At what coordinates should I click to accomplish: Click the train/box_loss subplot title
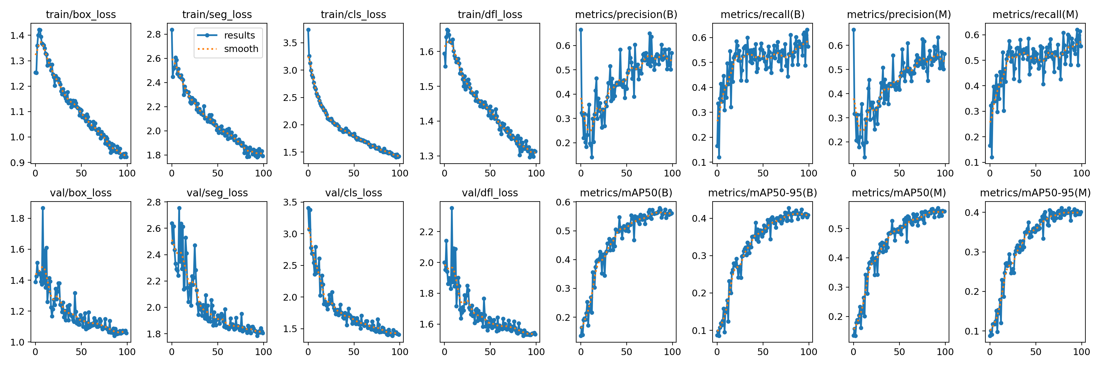[x=81, y=14]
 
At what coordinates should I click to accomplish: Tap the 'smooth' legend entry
[x=241, y=49]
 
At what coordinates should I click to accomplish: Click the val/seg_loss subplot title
[x=217, y=193]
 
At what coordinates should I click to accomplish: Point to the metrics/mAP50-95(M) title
[x=1035, y=193]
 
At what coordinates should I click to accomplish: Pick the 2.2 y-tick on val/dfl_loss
[x=427, y=232]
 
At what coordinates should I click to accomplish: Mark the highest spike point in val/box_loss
[x=43, y=208]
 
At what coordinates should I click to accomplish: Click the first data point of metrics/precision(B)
[x=581, y=30]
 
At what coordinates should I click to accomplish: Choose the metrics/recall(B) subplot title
[x=762, y=14]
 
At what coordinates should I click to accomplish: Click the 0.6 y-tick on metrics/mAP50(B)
[x=563, y=202]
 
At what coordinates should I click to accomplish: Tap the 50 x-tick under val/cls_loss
[x=354, y=352]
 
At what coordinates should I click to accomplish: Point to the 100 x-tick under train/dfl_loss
[x=536, y=173]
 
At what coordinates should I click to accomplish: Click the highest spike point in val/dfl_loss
[x=452, y=208]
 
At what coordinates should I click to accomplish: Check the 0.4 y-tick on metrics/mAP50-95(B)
[x=699, y=218]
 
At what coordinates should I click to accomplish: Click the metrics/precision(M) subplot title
[x=899, y=14]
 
